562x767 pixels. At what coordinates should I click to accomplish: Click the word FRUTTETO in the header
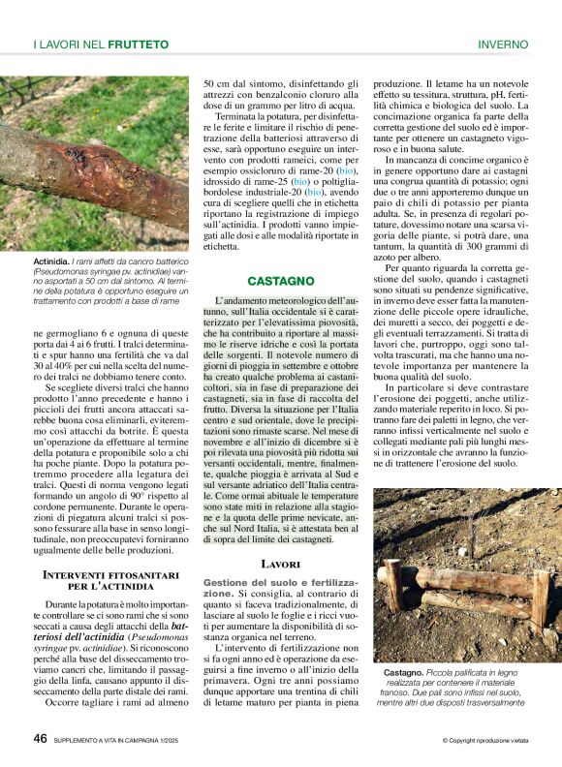point(139,45)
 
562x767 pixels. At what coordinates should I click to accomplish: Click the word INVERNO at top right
point(503,45)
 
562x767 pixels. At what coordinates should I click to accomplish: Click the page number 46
point(41,738)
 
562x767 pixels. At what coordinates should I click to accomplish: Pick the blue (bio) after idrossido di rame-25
point(301,181)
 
